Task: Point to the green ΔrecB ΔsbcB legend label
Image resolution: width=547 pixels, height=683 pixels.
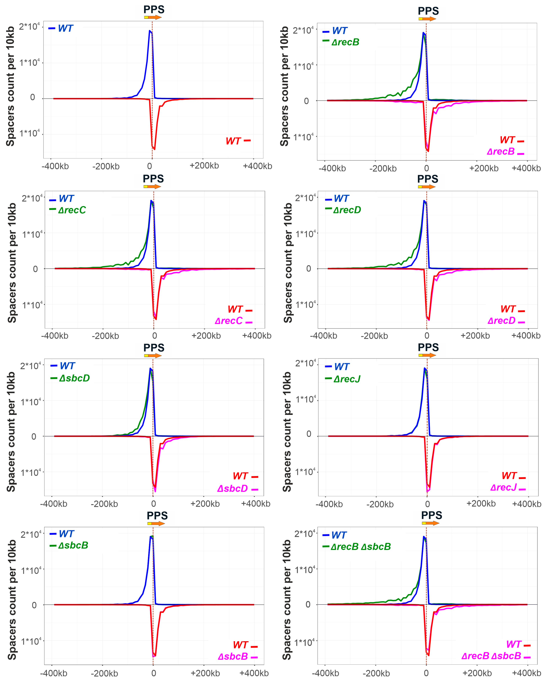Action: point(361,547)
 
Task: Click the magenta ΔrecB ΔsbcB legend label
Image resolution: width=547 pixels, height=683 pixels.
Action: point(491,656)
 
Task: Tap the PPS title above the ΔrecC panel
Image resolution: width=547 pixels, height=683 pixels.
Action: point(153,179)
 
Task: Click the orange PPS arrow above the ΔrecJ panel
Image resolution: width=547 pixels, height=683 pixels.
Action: point(429,355)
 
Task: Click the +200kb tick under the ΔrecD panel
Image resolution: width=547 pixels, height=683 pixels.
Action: point(475,336)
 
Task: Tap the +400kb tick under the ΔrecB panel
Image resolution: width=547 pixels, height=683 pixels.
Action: point(526,168)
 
